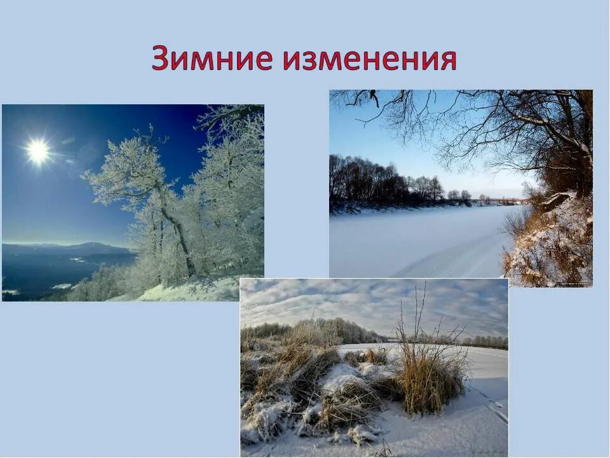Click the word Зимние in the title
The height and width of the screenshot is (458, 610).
click(212, 59)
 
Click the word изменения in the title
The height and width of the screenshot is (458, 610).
click(369, 59)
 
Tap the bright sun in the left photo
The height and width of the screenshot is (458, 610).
click(37, 151)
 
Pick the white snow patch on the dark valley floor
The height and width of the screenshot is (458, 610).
click(62, 286)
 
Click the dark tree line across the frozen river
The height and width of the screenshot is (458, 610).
click(375, 184)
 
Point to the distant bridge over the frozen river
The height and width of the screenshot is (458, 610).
click(508, 200)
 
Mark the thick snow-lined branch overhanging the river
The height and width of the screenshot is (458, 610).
click(546, 127)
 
